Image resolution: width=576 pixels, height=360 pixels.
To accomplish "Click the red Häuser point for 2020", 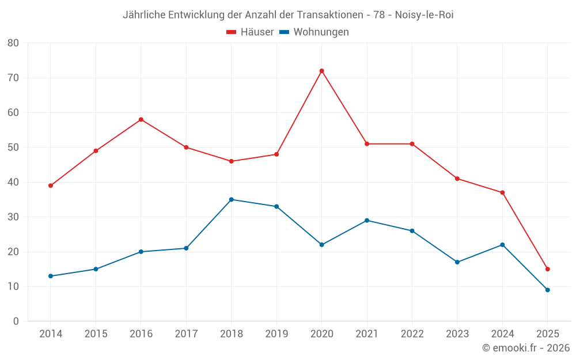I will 321,71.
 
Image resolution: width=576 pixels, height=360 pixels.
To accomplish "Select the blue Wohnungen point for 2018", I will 231,199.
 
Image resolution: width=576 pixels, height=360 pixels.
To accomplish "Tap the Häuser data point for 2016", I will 141,119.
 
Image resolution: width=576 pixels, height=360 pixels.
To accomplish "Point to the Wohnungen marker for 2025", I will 547,290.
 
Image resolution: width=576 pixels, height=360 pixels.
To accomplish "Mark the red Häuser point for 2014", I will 51,185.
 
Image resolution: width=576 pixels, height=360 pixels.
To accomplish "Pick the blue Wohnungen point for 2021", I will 367,221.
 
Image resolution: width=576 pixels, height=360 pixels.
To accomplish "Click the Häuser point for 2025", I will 547,269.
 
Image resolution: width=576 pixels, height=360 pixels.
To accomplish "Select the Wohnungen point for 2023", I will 457,262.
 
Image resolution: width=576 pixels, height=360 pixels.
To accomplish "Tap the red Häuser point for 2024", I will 502,192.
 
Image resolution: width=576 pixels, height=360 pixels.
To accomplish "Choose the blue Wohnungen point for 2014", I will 51,276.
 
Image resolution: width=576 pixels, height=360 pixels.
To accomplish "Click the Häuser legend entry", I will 250,32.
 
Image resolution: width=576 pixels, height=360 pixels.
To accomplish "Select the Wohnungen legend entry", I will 314,32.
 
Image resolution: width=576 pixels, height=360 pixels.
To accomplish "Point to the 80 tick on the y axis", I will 13,43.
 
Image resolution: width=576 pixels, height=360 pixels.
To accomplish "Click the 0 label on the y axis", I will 16,321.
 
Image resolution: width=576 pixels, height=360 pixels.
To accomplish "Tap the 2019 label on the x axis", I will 276,334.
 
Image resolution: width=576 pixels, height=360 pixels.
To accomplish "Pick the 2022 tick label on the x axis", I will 412,334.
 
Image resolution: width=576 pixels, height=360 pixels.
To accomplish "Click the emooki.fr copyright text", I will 526,348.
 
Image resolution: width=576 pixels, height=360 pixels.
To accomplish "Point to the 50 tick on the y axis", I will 13,147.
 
